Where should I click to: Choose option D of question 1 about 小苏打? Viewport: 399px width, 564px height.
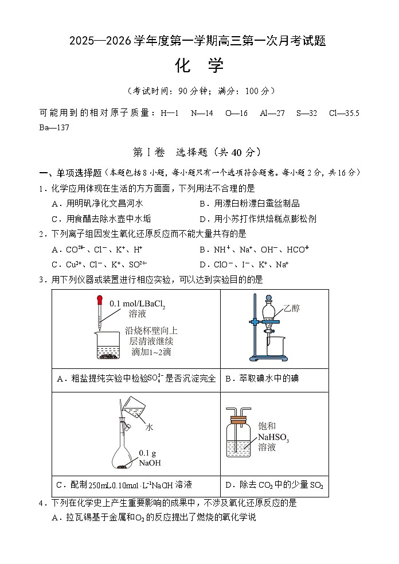[257, 219]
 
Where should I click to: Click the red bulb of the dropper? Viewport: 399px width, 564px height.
[99, 299]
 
